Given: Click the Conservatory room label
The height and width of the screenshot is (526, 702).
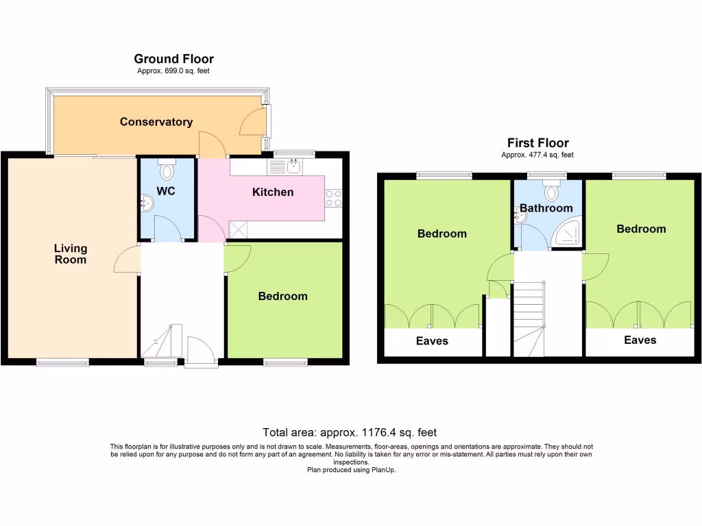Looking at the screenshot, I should pos(156,122).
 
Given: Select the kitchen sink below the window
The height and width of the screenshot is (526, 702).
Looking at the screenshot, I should pos(293,165).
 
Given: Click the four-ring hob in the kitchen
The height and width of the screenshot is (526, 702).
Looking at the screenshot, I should pos(334,199).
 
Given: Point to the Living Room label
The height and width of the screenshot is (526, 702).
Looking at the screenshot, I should pos(71,254).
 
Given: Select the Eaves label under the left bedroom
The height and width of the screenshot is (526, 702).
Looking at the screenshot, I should pos(432,340).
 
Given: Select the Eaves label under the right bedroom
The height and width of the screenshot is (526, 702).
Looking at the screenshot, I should pos(640,340).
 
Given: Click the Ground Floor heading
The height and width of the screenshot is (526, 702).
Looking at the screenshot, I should pos(173,60).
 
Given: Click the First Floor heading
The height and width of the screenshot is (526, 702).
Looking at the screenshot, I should pos(537,143).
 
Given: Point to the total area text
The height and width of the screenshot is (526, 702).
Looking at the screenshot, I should pos(350,432).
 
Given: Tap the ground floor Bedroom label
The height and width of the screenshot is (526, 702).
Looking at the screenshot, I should pos(282,296).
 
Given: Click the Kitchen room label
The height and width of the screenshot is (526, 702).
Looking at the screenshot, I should pos(273,192).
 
